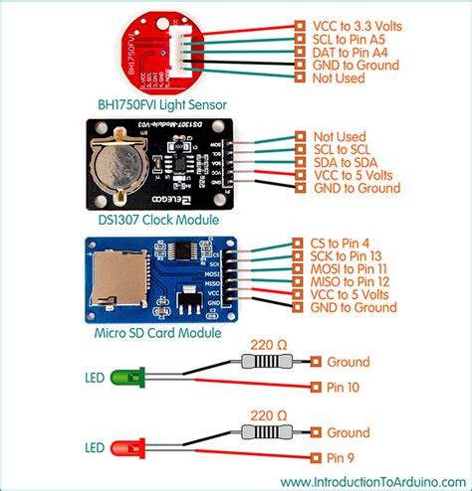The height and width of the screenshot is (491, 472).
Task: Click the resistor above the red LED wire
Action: click(x=268, y=432)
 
